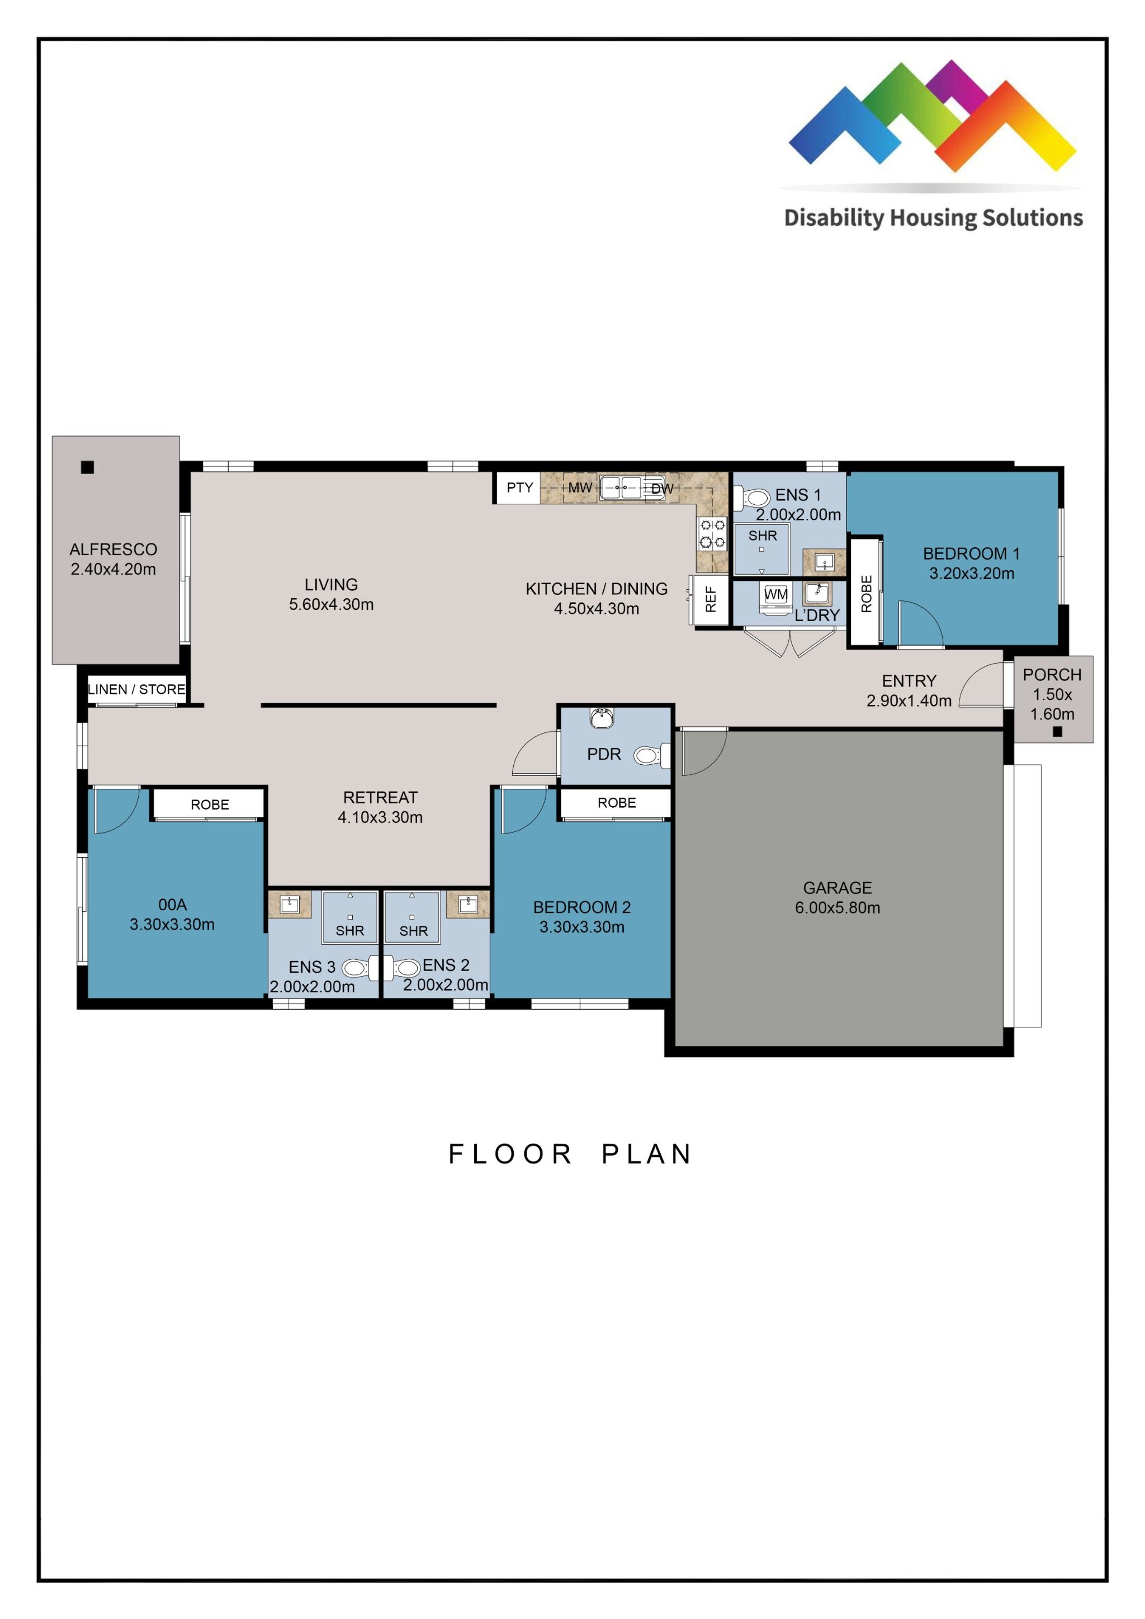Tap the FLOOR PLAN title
[x=570, y=1154]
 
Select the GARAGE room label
[x=837, y=888]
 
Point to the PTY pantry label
[x=519, y=487]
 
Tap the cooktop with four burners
[x=712, y=534]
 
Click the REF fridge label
[x=711, y=599]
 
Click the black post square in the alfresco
[x=87, y=467]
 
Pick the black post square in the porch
[x=1057, y=732]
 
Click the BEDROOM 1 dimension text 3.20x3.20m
[x=971, y=573]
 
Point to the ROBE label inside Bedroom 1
[x=867, y=593]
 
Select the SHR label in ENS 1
[x=762, y=536]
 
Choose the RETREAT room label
[x=380, y=798]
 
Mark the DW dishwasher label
[x=661, y=488]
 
